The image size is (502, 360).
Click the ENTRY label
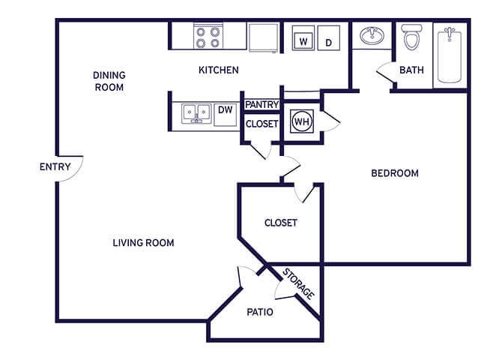pos(55,166)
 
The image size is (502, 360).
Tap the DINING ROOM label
pos(109,81)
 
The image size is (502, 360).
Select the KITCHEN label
pos(218,70)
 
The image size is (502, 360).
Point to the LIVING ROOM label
pos(143,242)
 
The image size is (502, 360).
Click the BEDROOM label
pos(395,173)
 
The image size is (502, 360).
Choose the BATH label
pos(411,70)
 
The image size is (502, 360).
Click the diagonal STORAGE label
pos(297,283)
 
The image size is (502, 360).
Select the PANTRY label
pos(261,105)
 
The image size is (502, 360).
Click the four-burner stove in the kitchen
pos(207,37)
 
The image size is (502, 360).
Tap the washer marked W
pos(302,37)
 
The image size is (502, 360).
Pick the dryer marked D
pos(329,37)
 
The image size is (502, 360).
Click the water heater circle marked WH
pos(301,121)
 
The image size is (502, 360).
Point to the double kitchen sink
pos(194,112)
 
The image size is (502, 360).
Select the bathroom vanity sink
pos(371,36)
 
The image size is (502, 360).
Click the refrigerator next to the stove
pos(263,37)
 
